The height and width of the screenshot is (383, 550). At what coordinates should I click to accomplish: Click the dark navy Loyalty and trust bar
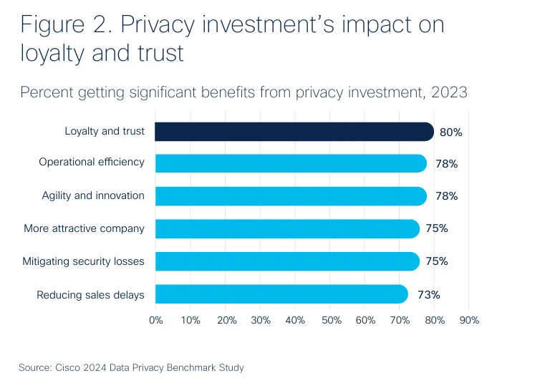[x=294, y=132]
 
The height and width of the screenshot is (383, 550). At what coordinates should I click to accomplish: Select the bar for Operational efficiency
[x=290, y=163]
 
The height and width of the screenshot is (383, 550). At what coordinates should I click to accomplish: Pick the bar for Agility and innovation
[x=290, y=196]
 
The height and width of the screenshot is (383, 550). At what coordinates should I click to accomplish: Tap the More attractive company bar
[x=286, y=229]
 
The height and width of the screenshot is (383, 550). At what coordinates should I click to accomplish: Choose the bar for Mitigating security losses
[x=286, y=261]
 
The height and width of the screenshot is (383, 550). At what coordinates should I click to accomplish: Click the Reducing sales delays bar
[x=281, y=294]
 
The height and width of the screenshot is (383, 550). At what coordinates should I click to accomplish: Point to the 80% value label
[x=450, y=132]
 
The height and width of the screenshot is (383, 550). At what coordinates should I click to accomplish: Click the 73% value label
[x=429, y=294]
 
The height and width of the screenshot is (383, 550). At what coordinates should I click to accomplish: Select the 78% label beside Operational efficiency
[x=446, y=164]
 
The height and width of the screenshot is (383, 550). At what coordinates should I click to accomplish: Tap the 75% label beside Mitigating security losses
[x=436, y=261]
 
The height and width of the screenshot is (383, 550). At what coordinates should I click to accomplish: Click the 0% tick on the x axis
[x=155, y=321]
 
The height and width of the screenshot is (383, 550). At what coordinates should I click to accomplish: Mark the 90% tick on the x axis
[x=468, y=321]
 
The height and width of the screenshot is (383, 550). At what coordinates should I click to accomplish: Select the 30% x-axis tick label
[x=260, y=321]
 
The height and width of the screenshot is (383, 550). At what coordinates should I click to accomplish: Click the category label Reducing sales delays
[x=90, y=295]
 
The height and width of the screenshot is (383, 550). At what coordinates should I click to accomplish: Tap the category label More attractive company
[x=84, y=229]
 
